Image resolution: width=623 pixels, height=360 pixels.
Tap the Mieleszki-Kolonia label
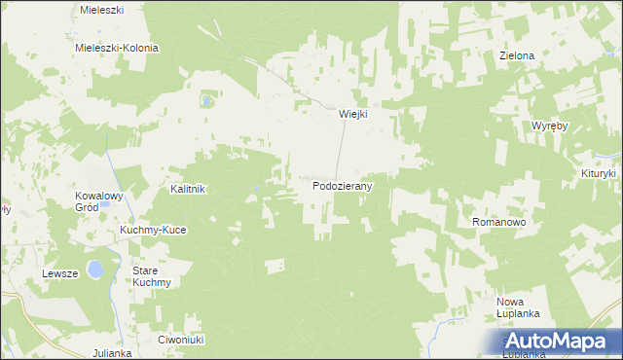(x=117, y=48)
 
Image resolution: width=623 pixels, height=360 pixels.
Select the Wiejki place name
(x=352, y=114)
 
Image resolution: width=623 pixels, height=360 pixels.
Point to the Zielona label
(x=517, y=56)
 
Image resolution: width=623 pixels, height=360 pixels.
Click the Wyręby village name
(x=550, y=127)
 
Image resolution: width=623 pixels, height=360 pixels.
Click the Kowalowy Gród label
(x=99, y=201)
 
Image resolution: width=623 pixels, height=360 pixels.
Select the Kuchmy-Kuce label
(x=152, y=230)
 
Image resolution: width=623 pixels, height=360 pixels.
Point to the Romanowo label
(x=499, y=223)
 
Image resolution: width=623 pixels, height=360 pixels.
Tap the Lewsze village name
(x=59, y=274)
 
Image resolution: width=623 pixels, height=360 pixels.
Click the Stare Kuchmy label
(x=152, y=276)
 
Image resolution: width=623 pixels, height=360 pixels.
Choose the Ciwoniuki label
(x=179, y=340)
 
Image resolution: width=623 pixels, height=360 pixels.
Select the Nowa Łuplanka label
(x=518, y=308)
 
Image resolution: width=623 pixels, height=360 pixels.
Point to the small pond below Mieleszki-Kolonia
(x=206, y=99)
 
